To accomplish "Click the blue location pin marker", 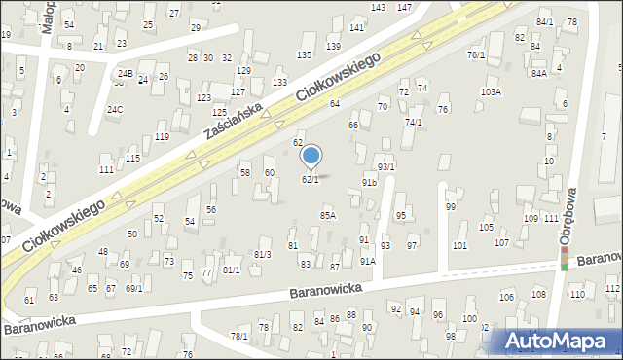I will point(311,156).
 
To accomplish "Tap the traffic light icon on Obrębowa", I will point(565,259).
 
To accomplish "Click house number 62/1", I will point(311,179).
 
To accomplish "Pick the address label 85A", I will point(328,215).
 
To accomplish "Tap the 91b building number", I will point(369,182).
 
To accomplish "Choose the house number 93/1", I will point(386,167).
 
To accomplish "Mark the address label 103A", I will point(491,91).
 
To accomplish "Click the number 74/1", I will point(414,122).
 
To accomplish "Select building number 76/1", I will point(476,55).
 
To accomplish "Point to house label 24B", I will point(125,73).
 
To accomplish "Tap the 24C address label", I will point(115,109).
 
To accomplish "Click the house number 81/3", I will point(262,254).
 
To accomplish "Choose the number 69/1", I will point(133,288).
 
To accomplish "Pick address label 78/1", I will point(238,336).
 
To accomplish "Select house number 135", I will point(305,54).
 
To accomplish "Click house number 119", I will point(162,137).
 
